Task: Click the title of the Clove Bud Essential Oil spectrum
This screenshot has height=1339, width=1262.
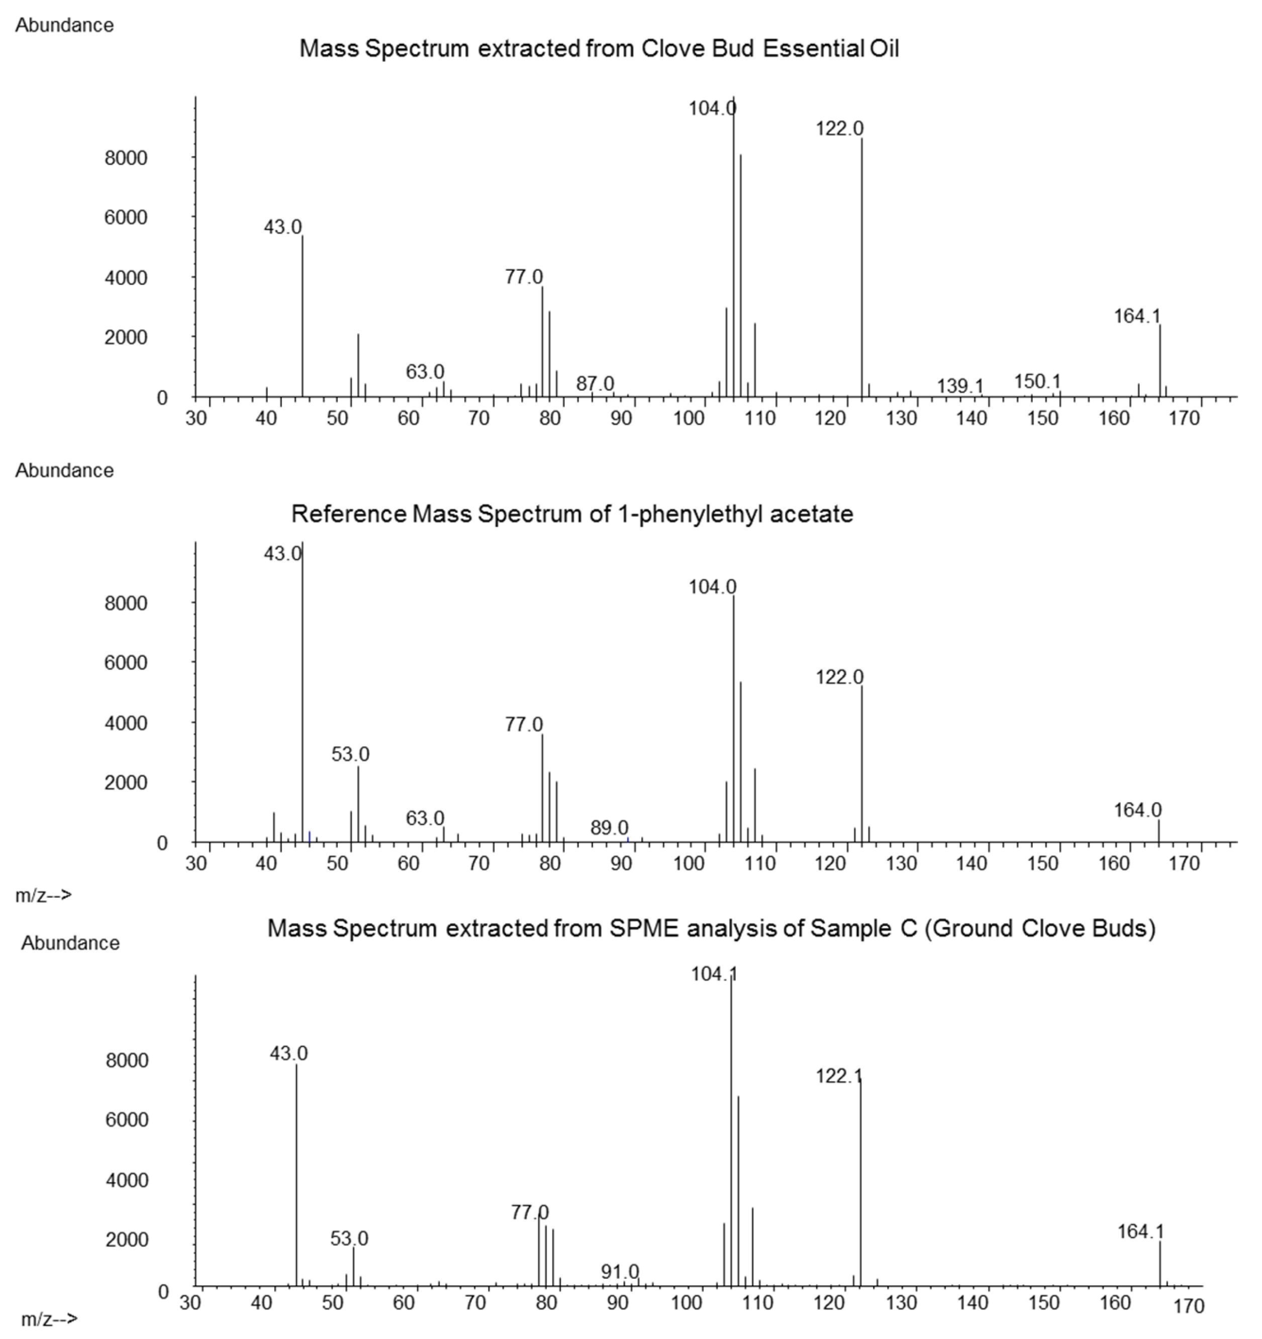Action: (599, 49)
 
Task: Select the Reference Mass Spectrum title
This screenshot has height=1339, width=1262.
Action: (572, 514)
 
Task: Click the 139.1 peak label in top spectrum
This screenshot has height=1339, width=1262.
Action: (960, 386)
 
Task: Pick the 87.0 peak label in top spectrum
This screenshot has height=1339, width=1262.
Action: (595, 383)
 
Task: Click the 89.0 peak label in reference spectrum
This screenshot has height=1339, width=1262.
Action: (609, 828)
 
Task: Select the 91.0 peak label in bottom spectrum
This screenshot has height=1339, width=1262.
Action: (620, 1272)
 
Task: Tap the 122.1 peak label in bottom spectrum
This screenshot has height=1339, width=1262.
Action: (838, 1076)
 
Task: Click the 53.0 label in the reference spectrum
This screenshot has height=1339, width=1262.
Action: (350, 754)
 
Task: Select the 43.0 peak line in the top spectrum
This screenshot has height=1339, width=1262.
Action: (303, 317)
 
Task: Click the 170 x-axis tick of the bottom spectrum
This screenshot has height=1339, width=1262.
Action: (1189, 1307)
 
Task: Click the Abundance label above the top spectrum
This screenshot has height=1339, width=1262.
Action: (65, 26)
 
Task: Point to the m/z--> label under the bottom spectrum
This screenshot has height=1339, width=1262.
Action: (49, 1319)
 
